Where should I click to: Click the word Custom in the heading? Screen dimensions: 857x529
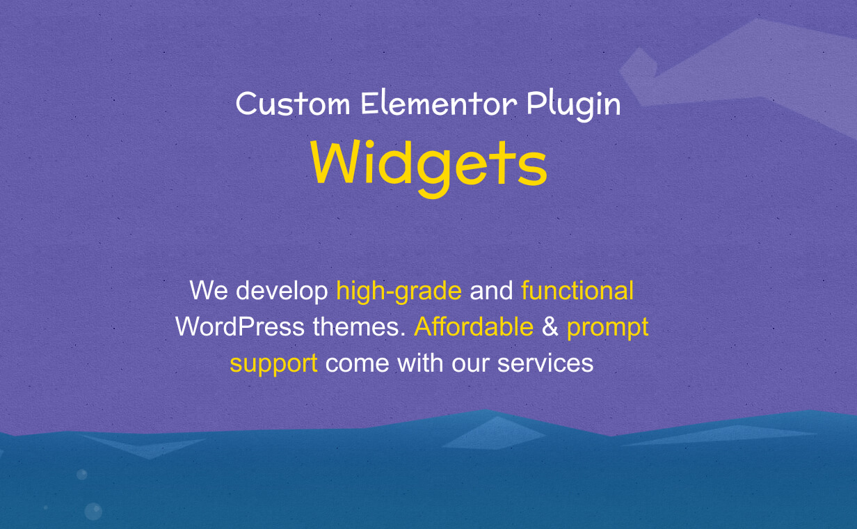pyautogui.click(x=293, y=104)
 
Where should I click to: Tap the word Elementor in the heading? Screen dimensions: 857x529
pyautogui.click(x=438, y=103)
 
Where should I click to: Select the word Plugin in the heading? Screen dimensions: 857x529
pyautogui.click(x=573, y=106)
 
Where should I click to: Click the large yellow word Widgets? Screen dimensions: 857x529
pyautogui.click(x=428, y=168)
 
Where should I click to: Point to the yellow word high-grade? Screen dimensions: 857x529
pyautogui.click(x=399, y=292)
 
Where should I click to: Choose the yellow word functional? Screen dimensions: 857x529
pyautogui.click(x=577, y=290)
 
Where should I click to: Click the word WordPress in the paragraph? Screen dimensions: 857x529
pyautogui.click(x=240, y=327)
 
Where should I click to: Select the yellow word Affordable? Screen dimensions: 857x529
pyautogui.click(x=474, y=326)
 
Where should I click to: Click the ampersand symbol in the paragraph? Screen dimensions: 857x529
pyautogui.click(x=550, y=327)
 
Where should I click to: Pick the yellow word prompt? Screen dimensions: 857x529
pyautogui.click(x=607, y=329)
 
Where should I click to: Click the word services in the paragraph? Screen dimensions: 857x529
pyautogui.click(x=545, y=363)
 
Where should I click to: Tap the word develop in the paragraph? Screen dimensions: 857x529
pyautogui.click(x=282, y=292)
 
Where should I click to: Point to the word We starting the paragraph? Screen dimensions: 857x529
pyautogui.click(x=209, y=290)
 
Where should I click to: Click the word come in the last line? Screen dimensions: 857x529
pyautogui.click(x=358, y=363)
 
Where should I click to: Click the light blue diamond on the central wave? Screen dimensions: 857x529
pyautogui.click(x=494, y=434)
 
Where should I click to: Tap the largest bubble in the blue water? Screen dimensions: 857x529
pyautogui.click(x=93, y=512)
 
